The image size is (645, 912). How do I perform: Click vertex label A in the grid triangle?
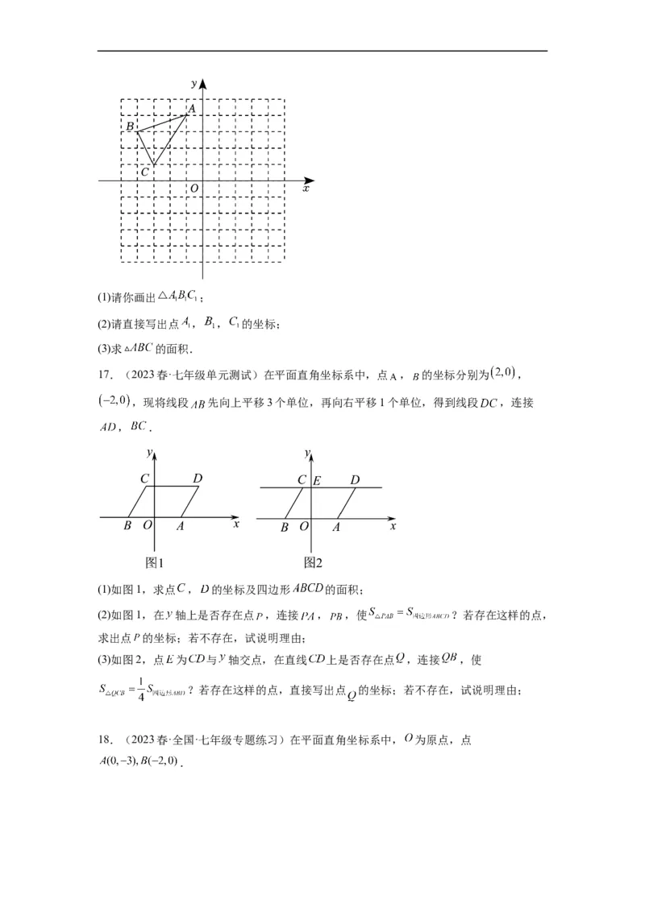pos(192,108)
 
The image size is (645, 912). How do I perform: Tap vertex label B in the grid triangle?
pos(129,127)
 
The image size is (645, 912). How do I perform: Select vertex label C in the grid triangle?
pos(144,172)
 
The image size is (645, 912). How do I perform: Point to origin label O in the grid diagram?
pos(193,189)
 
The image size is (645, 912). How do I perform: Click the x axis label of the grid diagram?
pos(306,188)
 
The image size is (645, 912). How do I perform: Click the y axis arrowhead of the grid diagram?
pos(202,84)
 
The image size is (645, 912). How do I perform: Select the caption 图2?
pos(313,562)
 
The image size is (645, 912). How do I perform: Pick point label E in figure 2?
pos(317,481)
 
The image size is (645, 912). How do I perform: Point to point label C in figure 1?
pos(144,479)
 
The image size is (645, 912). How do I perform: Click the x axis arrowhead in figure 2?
pos(393,516)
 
